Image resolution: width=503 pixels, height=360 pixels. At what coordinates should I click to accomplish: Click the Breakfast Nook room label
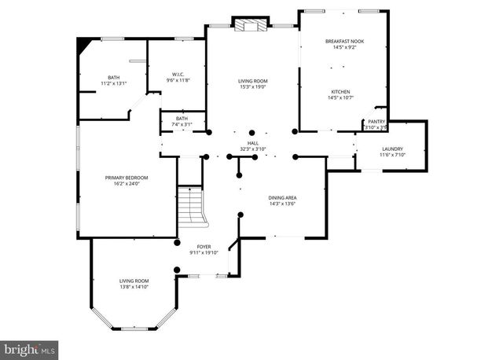(x=344, y=41)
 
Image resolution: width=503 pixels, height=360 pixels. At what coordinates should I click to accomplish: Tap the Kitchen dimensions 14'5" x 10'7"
(x=344, y=97)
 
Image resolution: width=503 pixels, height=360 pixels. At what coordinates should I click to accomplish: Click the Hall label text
(x=253, y=143)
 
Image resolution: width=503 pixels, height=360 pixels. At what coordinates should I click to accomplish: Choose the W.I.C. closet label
(x=178, y=75)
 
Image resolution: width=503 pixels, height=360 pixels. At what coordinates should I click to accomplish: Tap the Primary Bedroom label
(x=127, y=178)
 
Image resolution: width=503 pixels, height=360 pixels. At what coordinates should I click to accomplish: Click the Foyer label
(x=204, y=247)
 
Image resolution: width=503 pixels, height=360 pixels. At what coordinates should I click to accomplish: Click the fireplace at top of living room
(x=251, y=25)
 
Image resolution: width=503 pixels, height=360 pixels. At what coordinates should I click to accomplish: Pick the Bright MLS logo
(x=30, y=347)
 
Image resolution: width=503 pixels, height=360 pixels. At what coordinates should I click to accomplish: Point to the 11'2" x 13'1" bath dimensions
(x=113, y=83)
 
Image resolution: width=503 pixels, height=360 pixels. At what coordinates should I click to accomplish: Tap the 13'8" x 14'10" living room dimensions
(x=134, y=287)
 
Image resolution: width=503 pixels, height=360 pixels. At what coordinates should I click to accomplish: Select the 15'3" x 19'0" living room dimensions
(x=253, y=87)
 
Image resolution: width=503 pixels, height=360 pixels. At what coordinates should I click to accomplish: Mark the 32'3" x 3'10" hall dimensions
(x=253, y=149)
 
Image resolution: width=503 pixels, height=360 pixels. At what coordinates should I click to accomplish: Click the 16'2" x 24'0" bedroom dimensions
(x=127, y=184)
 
